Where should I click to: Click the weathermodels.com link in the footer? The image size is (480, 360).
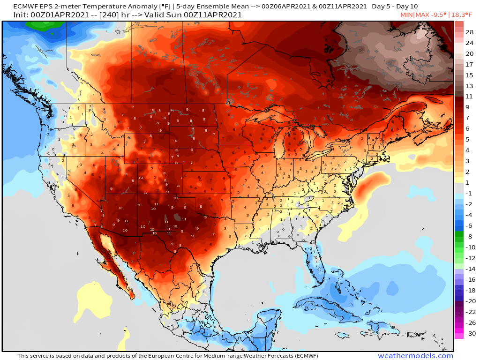(415, 356)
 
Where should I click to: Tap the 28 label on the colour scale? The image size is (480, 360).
(469, 32)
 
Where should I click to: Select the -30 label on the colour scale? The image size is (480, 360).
(469, 334)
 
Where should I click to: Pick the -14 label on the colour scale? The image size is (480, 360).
(469, 269)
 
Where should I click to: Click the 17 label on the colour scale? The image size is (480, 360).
(469, 64)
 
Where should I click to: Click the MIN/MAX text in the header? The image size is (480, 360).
(411, 15)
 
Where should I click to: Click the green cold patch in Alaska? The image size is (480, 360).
(45, 28)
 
